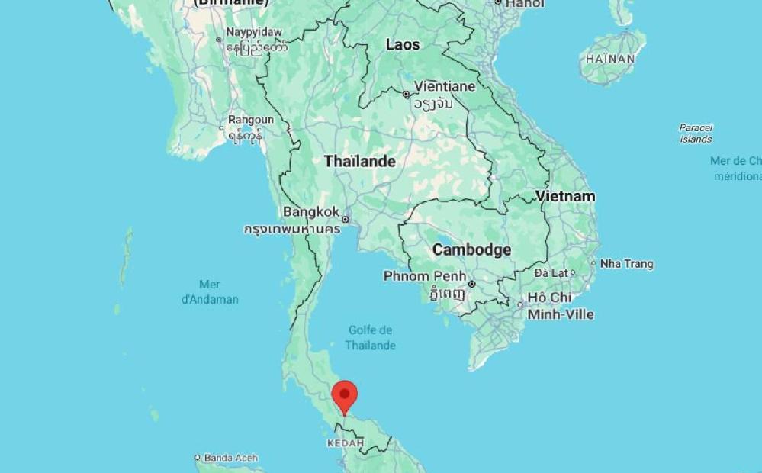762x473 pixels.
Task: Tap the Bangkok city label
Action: [x=310, y=212]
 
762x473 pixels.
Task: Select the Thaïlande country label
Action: [x=359, y=162]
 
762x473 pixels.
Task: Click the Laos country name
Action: [x=402, y=45]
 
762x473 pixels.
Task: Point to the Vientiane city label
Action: [x=444, y=87]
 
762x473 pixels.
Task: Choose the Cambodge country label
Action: [x=471, y=250]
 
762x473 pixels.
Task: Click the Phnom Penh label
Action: [x=424, y=276]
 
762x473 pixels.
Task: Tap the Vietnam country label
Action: [x=564, y=197]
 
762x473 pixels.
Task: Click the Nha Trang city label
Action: [x=626, y=264]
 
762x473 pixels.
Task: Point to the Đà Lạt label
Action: [x=551, y=272]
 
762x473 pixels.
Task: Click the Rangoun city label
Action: [x=250, y=121]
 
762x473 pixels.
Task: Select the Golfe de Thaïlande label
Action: [x=370, y=337]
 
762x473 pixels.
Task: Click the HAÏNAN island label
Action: [x=610, y=59]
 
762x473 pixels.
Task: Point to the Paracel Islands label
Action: [x=696, y=134]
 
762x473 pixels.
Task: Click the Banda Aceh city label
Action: [x=230, y=459]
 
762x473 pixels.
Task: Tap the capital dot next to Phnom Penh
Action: [x=471, y=284]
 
